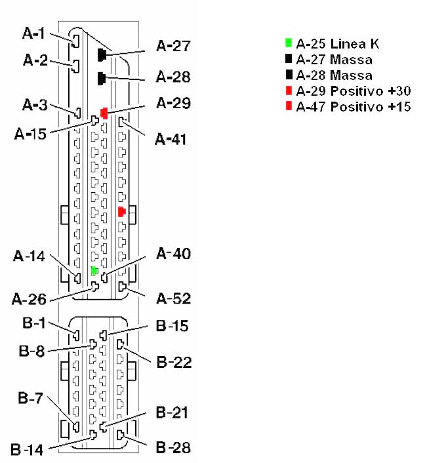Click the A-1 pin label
33,33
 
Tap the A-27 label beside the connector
173,46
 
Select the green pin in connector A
94,270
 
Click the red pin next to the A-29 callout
104,113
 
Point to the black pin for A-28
102,79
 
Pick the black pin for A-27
102,55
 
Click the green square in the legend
289,43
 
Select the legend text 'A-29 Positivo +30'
354,91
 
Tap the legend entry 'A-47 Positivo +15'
354,107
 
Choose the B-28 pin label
173,448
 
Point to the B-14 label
27,450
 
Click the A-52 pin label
174,299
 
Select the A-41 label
171,140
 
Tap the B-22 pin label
174,362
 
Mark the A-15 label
30,134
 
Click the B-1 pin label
34,323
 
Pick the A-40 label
174,254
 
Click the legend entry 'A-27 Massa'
334,60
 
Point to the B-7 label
30,398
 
